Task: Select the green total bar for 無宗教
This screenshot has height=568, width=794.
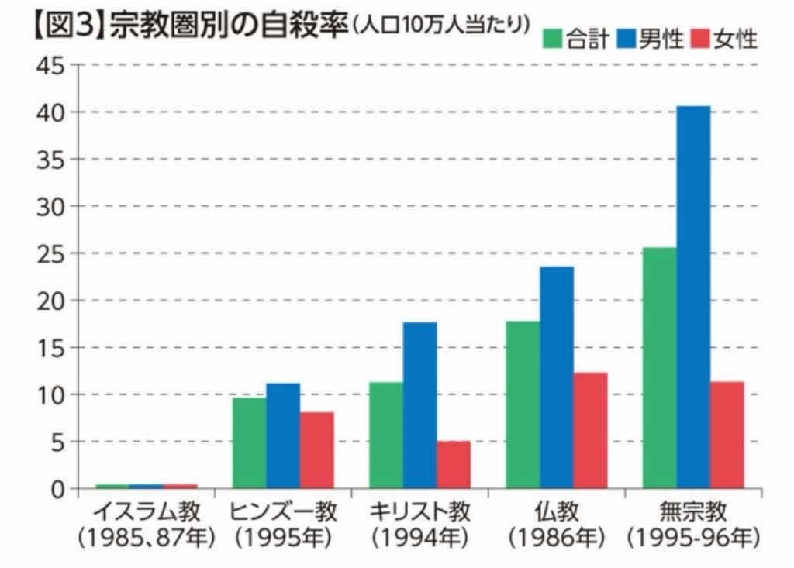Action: (659, 368)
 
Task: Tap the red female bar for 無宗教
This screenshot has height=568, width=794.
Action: (727, 435)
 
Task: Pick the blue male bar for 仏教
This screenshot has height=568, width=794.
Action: (557, 377)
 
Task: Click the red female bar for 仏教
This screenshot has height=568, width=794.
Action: (590, 430)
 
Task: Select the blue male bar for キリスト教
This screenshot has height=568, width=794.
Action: (419, 405)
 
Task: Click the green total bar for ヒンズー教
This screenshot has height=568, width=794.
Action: (249, 443)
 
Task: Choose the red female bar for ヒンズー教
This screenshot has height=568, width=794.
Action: (316, 450)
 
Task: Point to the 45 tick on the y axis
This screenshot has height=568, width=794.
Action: (50, 65)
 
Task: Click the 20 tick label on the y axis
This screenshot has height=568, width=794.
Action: (50, 301)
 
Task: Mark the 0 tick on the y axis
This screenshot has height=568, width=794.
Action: (59, 489)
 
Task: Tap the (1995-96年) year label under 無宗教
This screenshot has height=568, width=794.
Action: (692, 537)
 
